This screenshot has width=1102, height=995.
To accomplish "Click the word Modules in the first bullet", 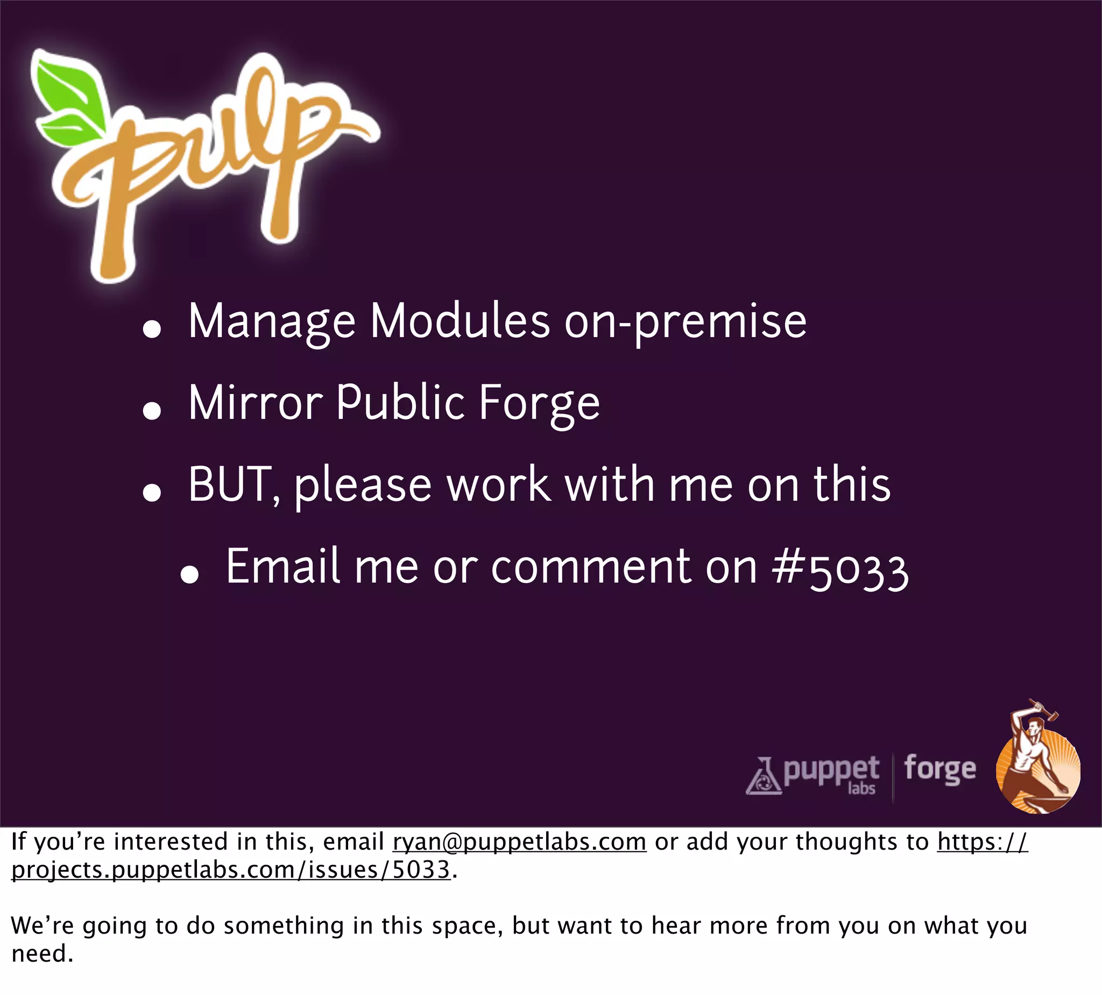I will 460,321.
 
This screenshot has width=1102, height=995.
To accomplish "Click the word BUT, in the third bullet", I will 235,485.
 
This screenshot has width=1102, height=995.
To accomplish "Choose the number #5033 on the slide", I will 840,569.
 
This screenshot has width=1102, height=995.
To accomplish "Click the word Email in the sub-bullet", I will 283,567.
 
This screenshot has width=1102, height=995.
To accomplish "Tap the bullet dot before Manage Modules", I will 151,329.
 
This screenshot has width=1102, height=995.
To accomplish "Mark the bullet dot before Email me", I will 189,575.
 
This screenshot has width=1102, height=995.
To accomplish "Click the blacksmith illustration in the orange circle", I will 1037,766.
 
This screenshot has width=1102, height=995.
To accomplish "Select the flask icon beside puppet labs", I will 764,776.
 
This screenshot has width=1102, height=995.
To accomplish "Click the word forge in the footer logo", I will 939,769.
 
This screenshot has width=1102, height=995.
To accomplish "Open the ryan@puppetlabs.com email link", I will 519,842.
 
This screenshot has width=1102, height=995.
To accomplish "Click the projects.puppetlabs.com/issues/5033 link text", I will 230,870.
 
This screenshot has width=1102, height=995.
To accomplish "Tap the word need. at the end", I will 42,954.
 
